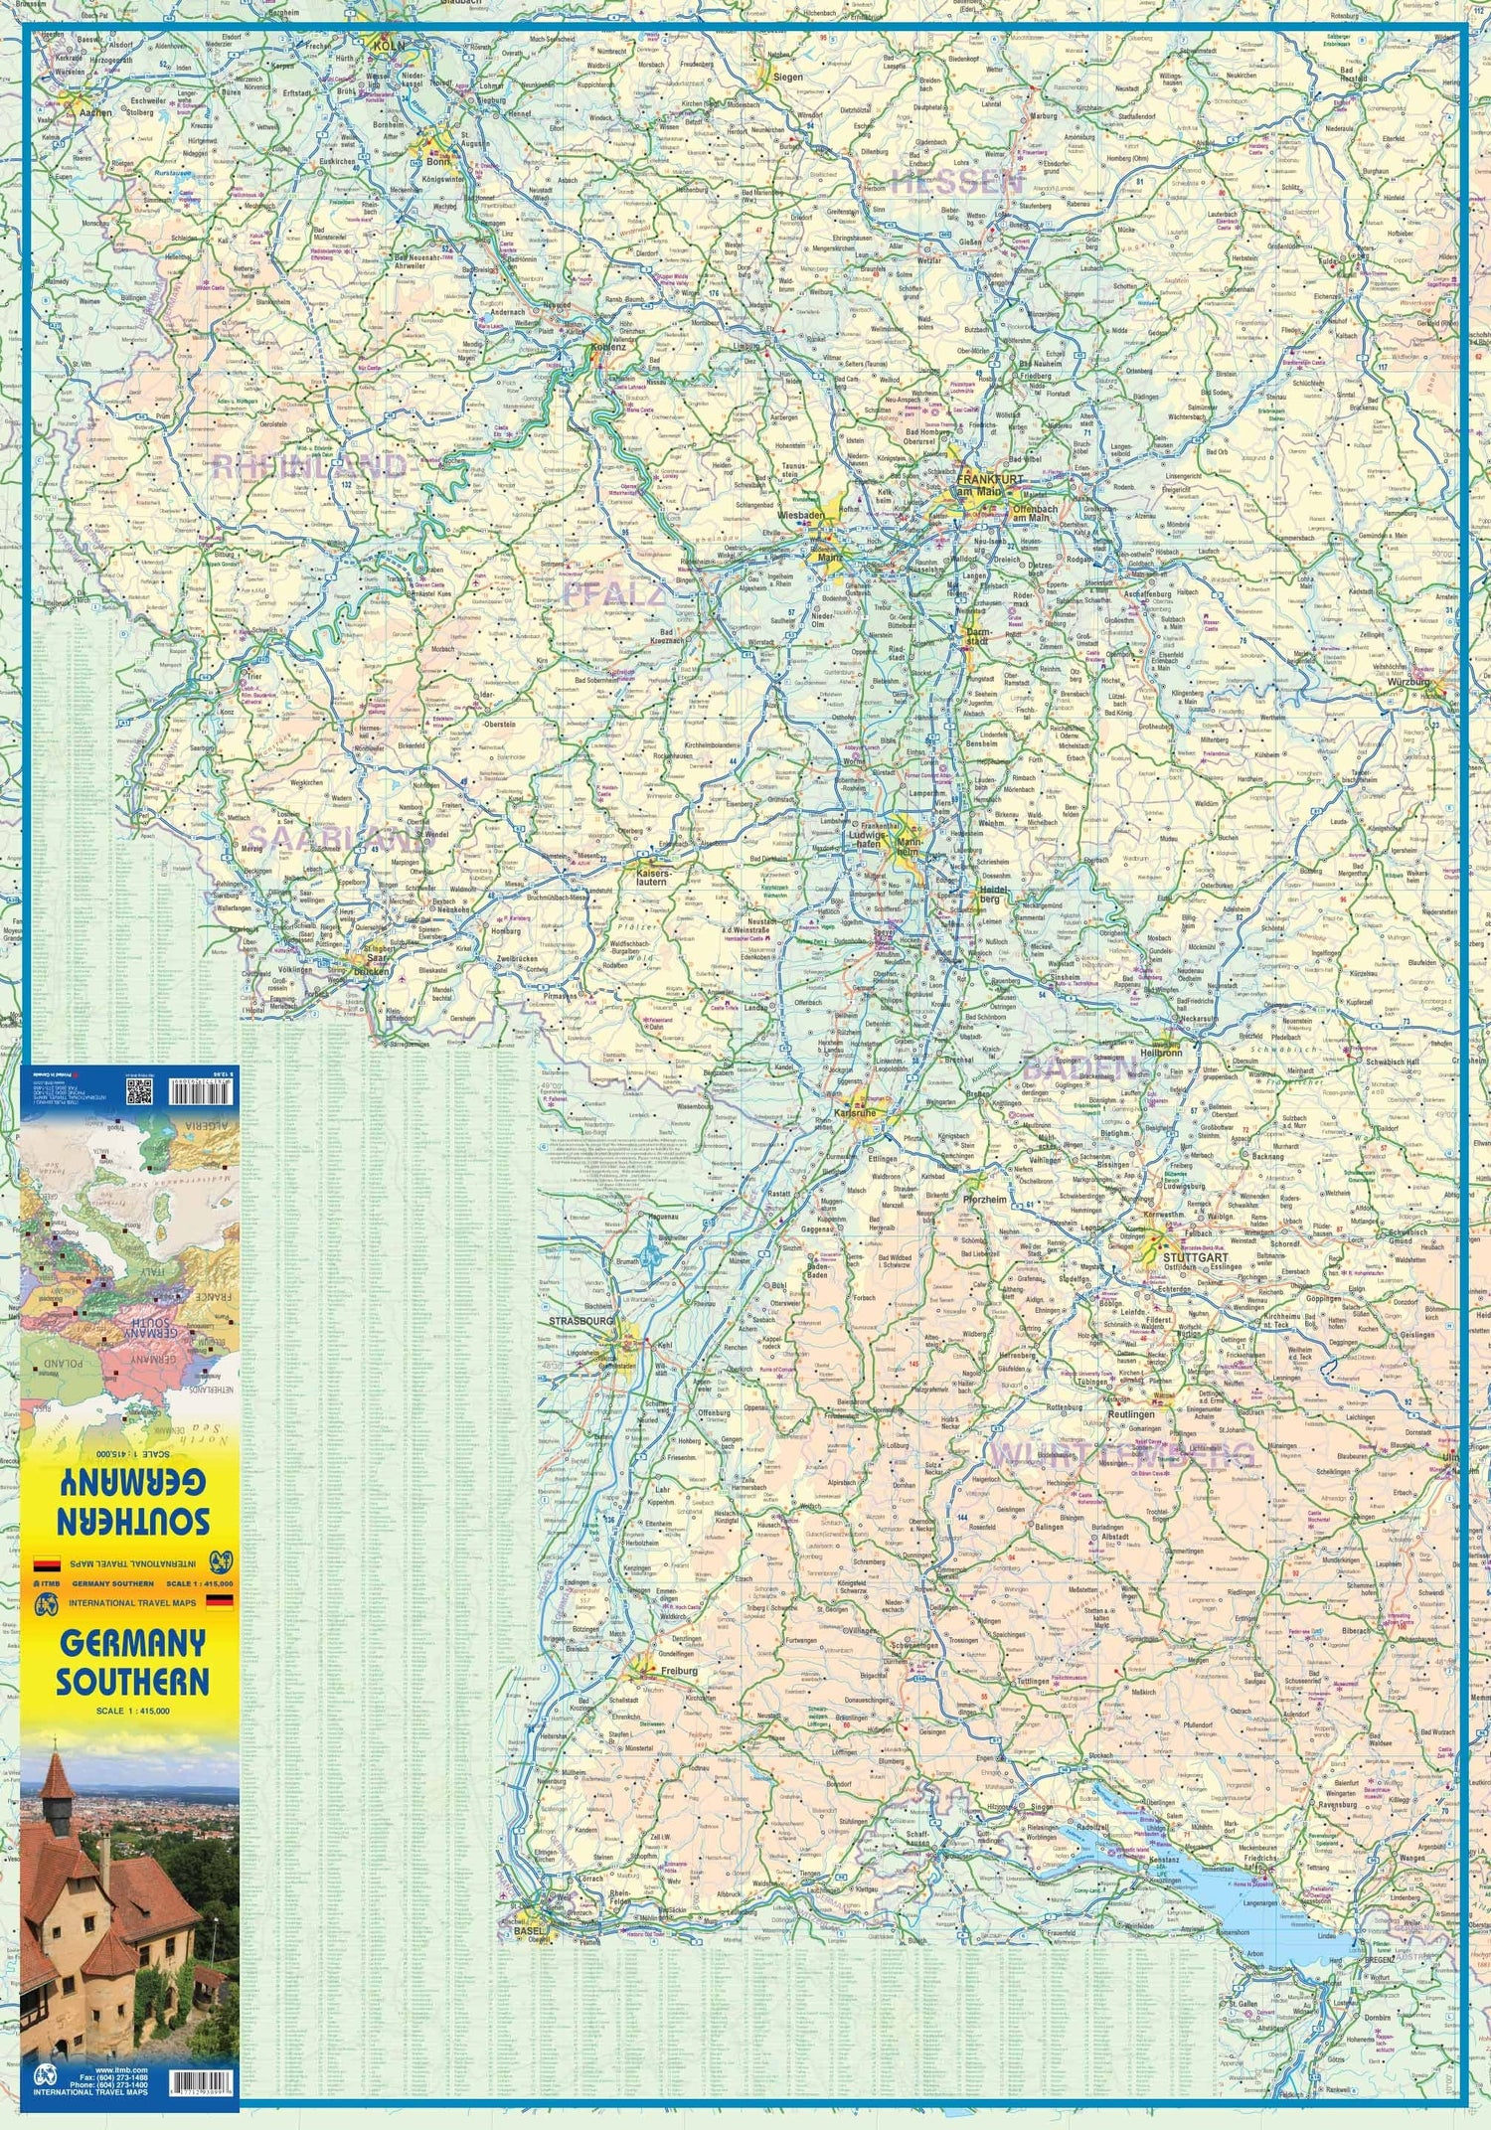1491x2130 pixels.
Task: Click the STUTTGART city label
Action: pos(1195,1257)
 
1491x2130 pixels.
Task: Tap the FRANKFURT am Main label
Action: pos(989,484)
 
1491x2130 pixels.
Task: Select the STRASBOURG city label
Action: pos(581,1321)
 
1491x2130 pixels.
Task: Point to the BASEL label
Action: pos(530,1931)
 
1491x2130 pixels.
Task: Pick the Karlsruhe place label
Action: pos(856,1113)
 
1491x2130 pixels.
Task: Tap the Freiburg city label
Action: pos(676,1671)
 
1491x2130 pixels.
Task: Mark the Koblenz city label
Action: pos(608,347)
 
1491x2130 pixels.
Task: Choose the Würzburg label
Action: pos(1409,682)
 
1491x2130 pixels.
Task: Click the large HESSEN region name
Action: pos(955,182)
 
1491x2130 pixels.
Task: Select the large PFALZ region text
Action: pos(613,594)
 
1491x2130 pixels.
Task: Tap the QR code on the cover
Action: pos(139,1091)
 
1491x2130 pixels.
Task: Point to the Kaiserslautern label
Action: pos(651,877)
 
